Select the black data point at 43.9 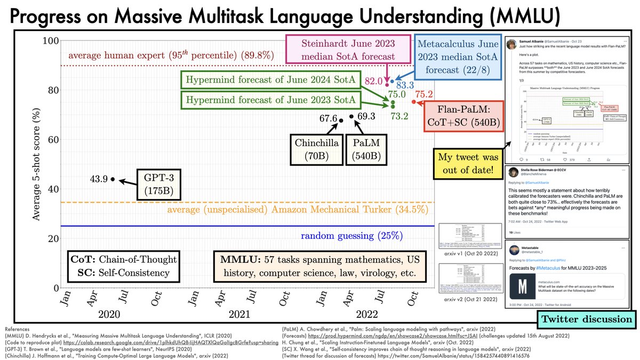point(113,179)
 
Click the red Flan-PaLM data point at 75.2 point(414,101)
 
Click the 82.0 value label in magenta point(373,81)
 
